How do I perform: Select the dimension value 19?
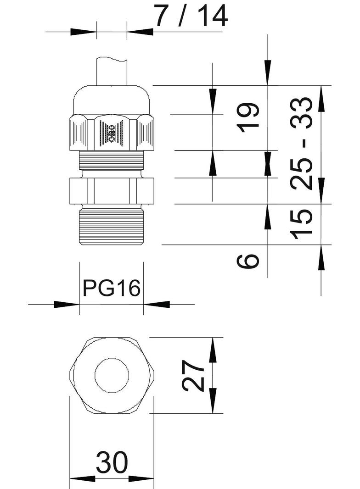click(250, 117)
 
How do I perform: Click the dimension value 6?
click(248, 261)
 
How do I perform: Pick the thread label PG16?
click(111, 289)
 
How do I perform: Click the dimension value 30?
click(112, 464)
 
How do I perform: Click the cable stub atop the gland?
click(112, 72)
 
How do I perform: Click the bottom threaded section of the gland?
click(112, 227)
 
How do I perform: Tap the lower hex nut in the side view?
click(112, 190)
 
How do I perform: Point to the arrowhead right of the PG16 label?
click(157, 304)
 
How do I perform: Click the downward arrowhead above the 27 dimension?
click(213, 351)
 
